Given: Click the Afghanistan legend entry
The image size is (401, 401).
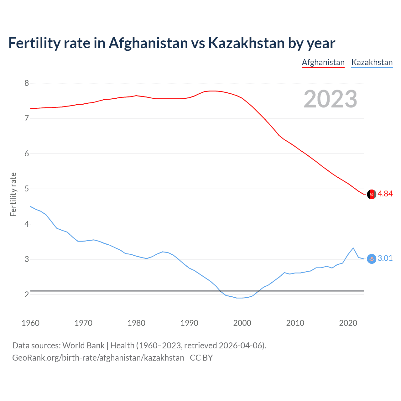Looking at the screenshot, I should [x=323, y=62].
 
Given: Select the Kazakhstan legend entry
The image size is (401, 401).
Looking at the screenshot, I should [x=372, y=62].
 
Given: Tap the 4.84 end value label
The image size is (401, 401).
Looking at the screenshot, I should [x=385, y=194].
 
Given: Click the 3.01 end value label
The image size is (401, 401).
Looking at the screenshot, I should [x=385, y=258].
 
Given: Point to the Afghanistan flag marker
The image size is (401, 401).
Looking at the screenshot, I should [x=372, y=194].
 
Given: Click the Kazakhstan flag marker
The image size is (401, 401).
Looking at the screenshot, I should [x=372, y=259].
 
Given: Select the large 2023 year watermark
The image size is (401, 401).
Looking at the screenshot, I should [x=330, y=99].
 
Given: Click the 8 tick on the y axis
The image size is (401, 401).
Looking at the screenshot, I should [x=27, y=83].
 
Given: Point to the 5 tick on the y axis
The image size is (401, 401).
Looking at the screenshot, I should [x=27, y=189].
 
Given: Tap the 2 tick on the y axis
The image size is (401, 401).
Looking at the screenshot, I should [x=27, y=294].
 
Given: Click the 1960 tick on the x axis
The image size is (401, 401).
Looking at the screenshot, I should [x=30, y=323].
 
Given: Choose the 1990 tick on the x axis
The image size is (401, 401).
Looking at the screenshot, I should [x=189, y=323].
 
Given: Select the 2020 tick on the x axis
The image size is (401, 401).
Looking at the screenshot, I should [x=348, y=323].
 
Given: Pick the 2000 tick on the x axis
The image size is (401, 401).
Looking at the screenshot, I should [x=242, y=323].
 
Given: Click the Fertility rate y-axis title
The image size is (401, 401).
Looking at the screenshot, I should [x=13, y=194].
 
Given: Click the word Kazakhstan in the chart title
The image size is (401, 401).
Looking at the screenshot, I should [x=246, y=43].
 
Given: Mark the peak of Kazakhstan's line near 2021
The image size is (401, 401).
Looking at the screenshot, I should [x=353, y=248].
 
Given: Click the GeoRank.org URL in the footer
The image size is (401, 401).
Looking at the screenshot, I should [x=98, y=358].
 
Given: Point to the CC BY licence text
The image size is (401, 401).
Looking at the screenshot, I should [x=201, y=358].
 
